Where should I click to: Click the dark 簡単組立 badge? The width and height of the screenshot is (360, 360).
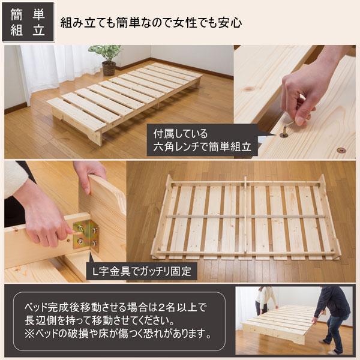click(28, 22)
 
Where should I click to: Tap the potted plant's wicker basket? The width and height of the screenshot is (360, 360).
click(109, 68)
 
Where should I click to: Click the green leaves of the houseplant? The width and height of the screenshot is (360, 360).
click(106, 52)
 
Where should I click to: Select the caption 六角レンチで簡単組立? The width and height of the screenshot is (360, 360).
click(202, 147)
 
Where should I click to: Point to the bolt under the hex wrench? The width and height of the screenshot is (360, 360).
click(284, 134)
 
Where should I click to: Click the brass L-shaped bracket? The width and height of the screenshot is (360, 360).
click(86, 235)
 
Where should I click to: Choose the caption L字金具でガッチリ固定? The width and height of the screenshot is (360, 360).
click(142, 271)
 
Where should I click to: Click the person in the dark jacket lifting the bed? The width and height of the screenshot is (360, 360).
click(334, 319)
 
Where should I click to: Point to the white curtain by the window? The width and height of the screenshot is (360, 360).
click(58, 69)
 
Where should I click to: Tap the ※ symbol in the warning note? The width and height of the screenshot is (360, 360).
click(29, 334)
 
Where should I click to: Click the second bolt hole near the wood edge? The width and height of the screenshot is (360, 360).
click(341, 150)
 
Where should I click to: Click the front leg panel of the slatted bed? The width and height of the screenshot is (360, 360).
click(77, 125)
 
